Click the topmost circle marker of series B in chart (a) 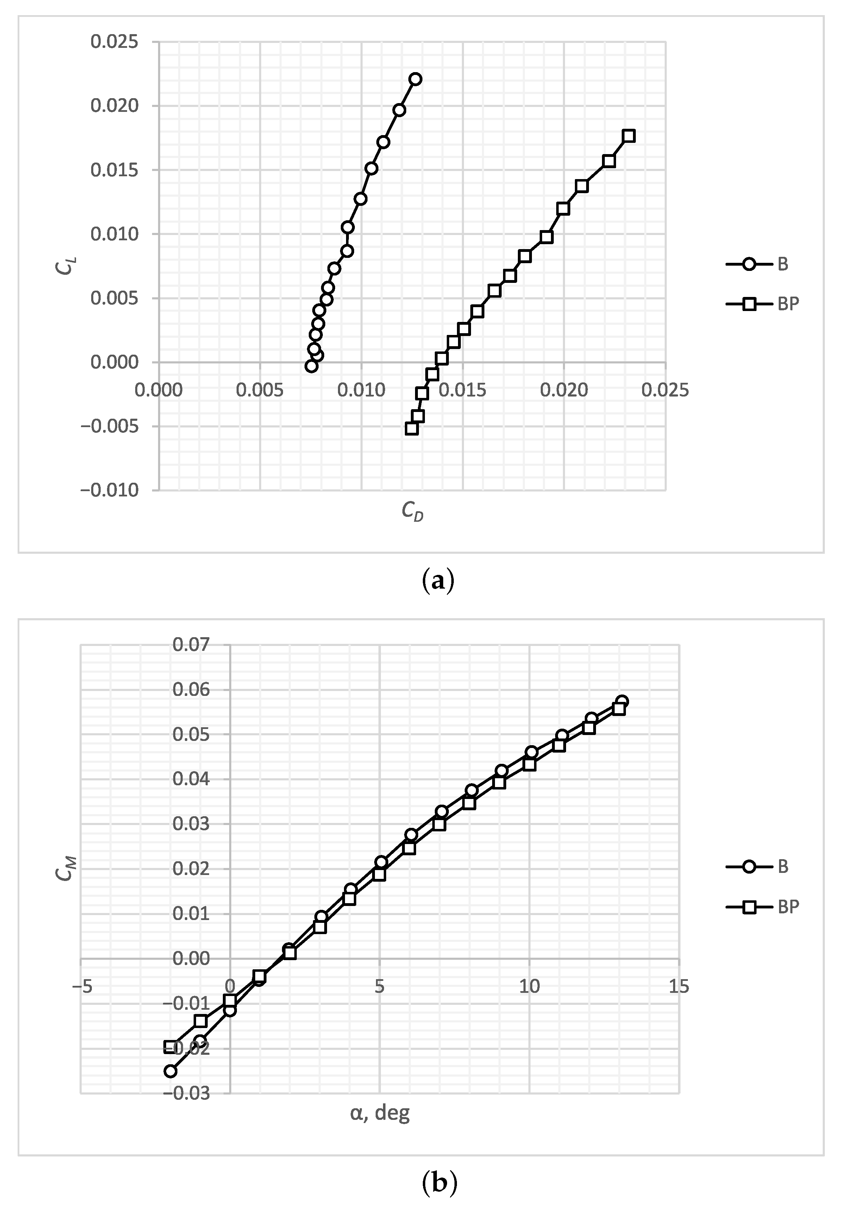[x=415, y=79]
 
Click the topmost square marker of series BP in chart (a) [x=628, y=136]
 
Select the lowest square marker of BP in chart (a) [x=412, y=428]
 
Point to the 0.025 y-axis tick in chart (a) [x=114, y=42]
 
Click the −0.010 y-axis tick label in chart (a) [x=109, y=490]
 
